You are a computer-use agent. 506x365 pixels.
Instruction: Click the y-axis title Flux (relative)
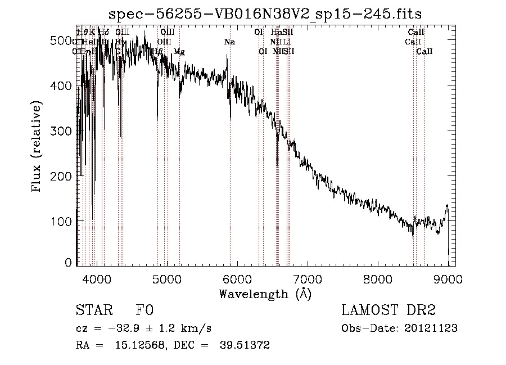(x=38, y=147)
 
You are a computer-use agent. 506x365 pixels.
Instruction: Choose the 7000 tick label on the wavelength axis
(x=307, y=279)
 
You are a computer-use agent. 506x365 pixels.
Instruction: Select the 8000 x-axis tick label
(x=377, y=279)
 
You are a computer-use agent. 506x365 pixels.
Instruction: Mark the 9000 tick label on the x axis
(x=448, y=279)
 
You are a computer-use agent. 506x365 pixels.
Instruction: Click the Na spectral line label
(x=229, y=42)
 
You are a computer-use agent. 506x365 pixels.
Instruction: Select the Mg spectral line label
(x=179, y=52)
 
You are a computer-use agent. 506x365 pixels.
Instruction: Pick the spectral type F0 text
(x=144, y=310)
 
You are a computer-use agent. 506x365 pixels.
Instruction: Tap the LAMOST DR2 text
(x=388, y=310)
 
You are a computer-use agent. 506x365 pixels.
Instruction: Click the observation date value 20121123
(x=431, y=328)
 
